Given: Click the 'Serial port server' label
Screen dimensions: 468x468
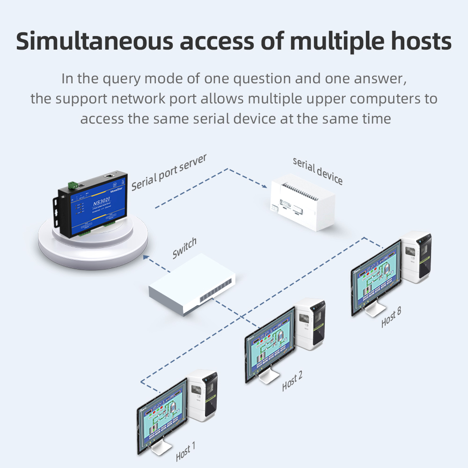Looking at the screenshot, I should (169, 172).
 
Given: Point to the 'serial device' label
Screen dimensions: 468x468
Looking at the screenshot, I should (318, 171).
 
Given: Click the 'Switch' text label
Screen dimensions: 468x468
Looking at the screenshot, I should (184, 249).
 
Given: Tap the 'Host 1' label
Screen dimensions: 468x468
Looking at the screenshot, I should (185, 452).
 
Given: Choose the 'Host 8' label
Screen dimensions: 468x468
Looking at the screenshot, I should (391, 317).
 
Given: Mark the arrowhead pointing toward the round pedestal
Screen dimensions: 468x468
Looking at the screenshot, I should (146, 256).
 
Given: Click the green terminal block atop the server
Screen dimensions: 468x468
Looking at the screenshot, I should (73, 185).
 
